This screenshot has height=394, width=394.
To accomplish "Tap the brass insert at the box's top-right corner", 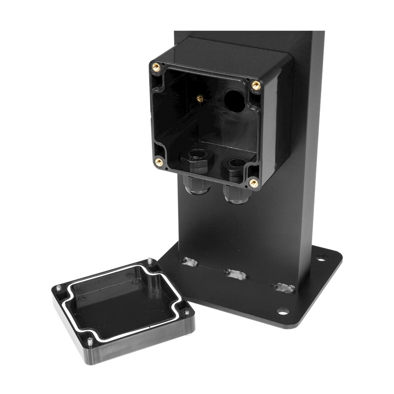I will tap(255, 85).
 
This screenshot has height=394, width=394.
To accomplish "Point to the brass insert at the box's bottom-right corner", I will tap(253, 183).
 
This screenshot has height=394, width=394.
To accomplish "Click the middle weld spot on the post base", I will tap(236, 274).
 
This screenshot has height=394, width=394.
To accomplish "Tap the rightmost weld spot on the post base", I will tap(284, 287).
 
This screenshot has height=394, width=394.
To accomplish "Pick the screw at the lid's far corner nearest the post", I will tap(150, 261).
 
